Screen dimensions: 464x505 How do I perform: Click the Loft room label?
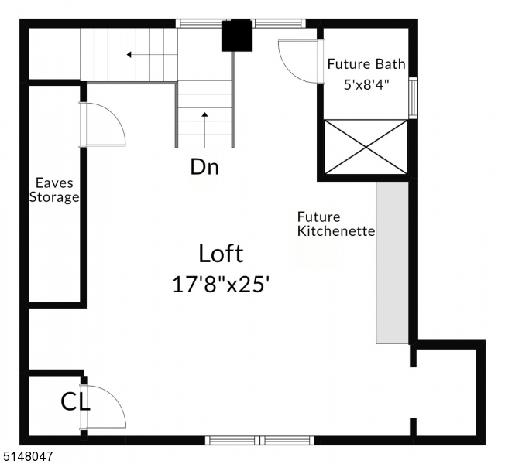coord(221,254)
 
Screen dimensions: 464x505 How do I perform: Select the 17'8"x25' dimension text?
coord(221,284)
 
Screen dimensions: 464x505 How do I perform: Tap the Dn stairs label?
coord(204,167)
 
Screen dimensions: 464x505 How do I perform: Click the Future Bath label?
coord(366,64)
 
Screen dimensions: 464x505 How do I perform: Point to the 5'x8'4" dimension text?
coord(366,84)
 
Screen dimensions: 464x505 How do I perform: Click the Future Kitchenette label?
coord(336,224)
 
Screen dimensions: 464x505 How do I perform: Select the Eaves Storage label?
coord(54,190)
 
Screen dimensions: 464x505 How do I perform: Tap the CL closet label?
coord(75,402)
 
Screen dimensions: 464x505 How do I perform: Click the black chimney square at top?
coord(237,36)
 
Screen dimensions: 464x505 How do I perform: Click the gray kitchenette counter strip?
coord(392,263)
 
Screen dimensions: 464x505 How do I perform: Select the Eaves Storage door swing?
coord(102,124)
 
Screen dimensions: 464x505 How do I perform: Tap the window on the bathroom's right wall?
coord(413,97)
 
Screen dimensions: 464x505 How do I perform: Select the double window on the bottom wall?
coord(259,440)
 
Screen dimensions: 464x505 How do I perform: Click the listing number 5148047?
coord(27,457)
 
